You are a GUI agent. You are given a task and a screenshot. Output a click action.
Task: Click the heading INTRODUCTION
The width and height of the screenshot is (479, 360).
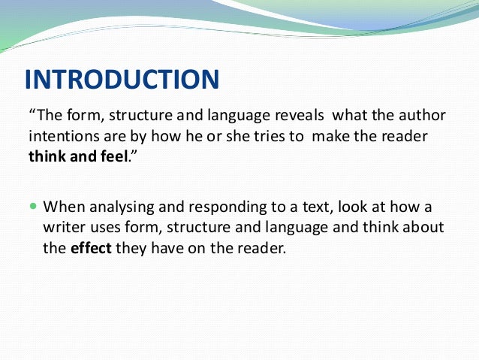[x=122, y=79]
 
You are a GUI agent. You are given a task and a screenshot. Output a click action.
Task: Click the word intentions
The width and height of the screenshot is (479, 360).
[x=60, y=138]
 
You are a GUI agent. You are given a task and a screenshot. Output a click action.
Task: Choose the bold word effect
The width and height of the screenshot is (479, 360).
[x=91, y=248]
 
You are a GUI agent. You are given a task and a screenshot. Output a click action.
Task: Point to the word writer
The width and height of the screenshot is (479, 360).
[x=64, y=228]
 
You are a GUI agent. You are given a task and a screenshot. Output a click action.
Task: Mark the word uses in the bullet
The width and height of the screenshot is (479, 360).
[x=107, y=228]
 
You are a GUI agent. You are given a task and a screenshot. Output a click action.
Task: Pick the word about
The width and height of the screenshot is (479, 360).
[x=423, y=228]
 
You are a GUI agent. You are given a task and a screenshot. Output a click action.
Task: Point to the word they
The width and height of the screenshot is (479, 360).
[x=133, y=248]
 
